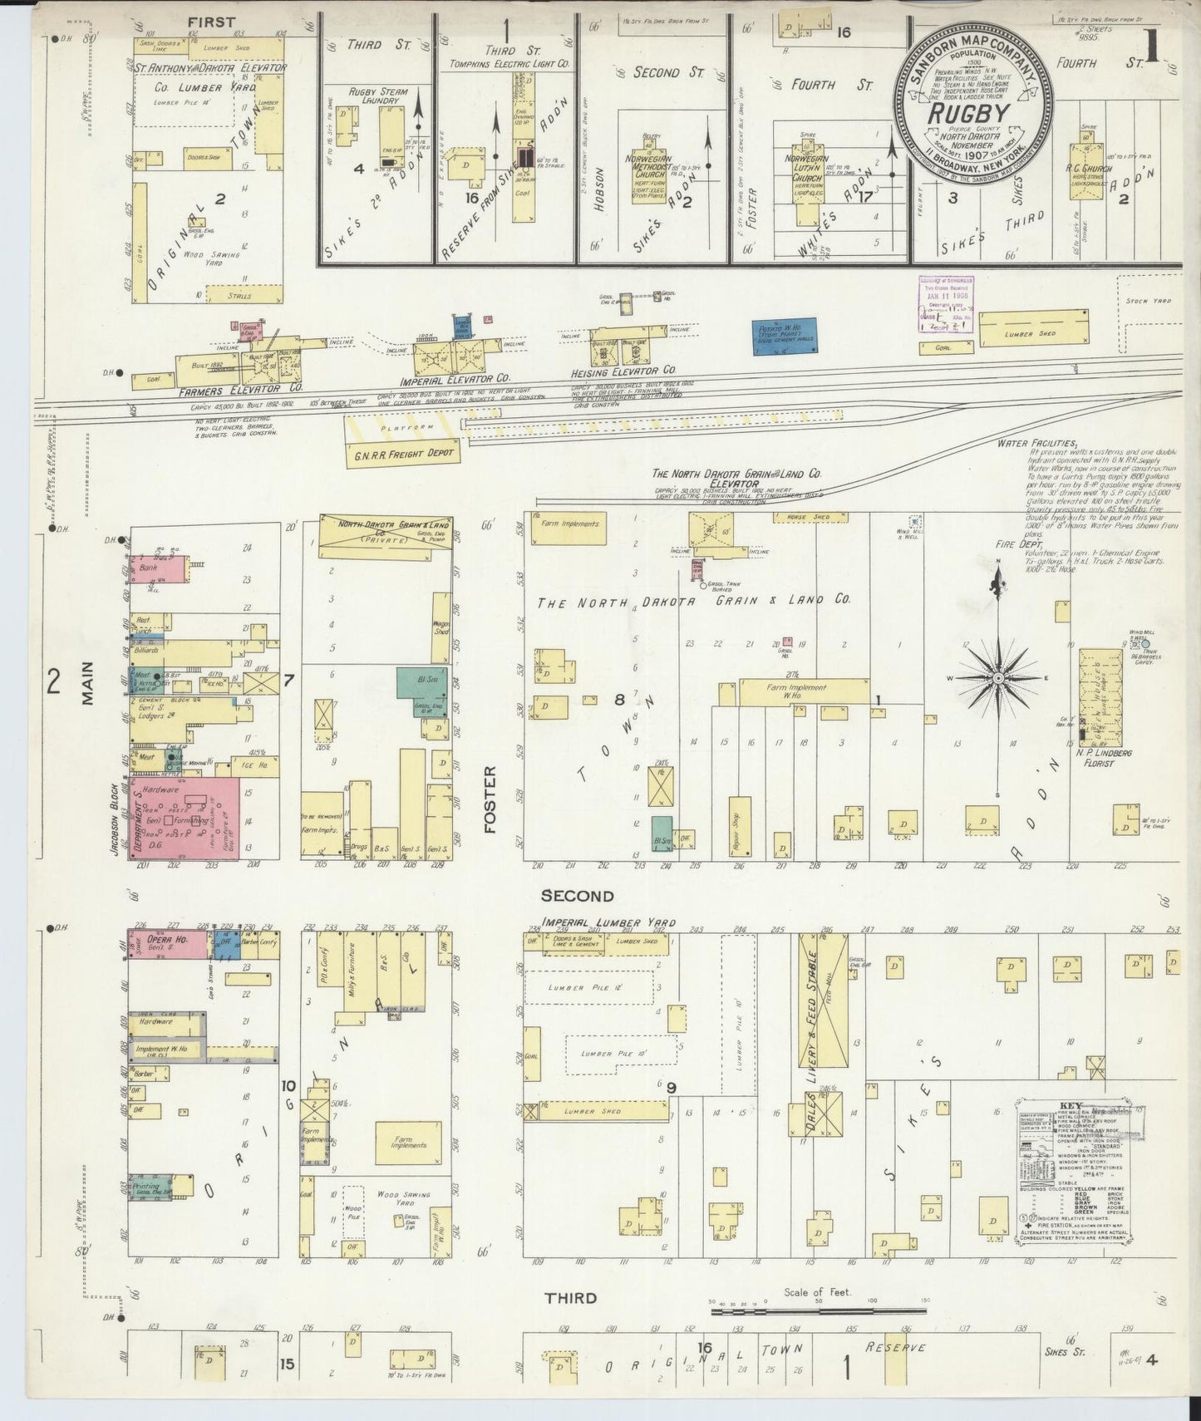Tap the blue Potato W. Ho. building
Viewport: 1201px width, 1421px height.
(784, 337)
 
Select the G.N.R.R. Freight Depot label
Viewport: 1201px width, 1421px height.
(404, 453)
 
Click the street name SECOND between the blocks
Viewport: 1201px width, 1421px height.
(577, 896)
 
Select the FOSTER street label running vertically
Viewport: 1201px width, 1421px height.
(489, 799)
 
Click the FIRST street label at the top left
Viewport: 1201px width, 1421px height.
(211, 22)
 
